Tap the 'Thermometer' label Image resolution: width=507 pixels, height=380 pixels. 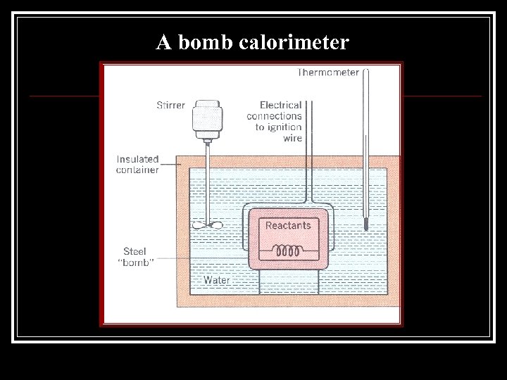click(x=328, y=72)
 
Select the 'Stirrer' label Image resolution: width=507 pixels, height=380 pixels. click(x=170, y=106)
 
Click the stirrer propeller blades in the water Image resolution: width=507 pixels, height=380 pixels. click(x=207, y=225)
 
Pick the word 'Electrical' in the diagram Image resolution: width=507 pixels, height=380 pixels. click(x=280, y=105)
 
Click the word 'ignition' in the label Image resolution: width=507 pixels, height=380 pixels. click(x=284, y=127)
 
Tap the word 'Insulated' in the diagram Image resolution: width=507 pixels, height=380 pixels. click(x=137, y=159)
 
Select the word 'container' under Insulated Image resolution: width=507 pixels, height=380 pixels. click(x=137, y=170)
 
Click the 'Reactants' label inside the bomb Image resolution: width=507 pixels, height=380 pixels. click(x=287, y=225)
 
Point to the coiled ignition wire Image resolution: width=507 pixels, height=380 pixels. click(x=287, y=250)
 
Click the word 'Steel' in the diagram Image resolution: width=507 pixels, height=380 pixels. click(x=134, y=251)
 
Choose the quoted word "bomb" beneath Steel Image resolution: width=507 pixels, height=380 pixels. click(x=137, y=262)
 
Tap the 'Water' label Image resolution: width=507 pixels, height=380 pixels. click(x=216, y=280)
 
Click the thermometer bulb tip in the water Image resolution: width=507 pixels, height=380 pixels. click(x=366, y=226)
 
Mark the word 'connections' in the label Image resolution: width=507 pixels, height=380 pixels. click(x=274, y=116)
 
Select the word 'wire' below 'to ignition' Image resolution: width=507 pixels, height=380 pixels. click(x=292, y=139)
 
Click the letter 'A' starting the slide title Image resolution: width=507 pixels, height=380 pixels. click(x=163, y=43)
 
